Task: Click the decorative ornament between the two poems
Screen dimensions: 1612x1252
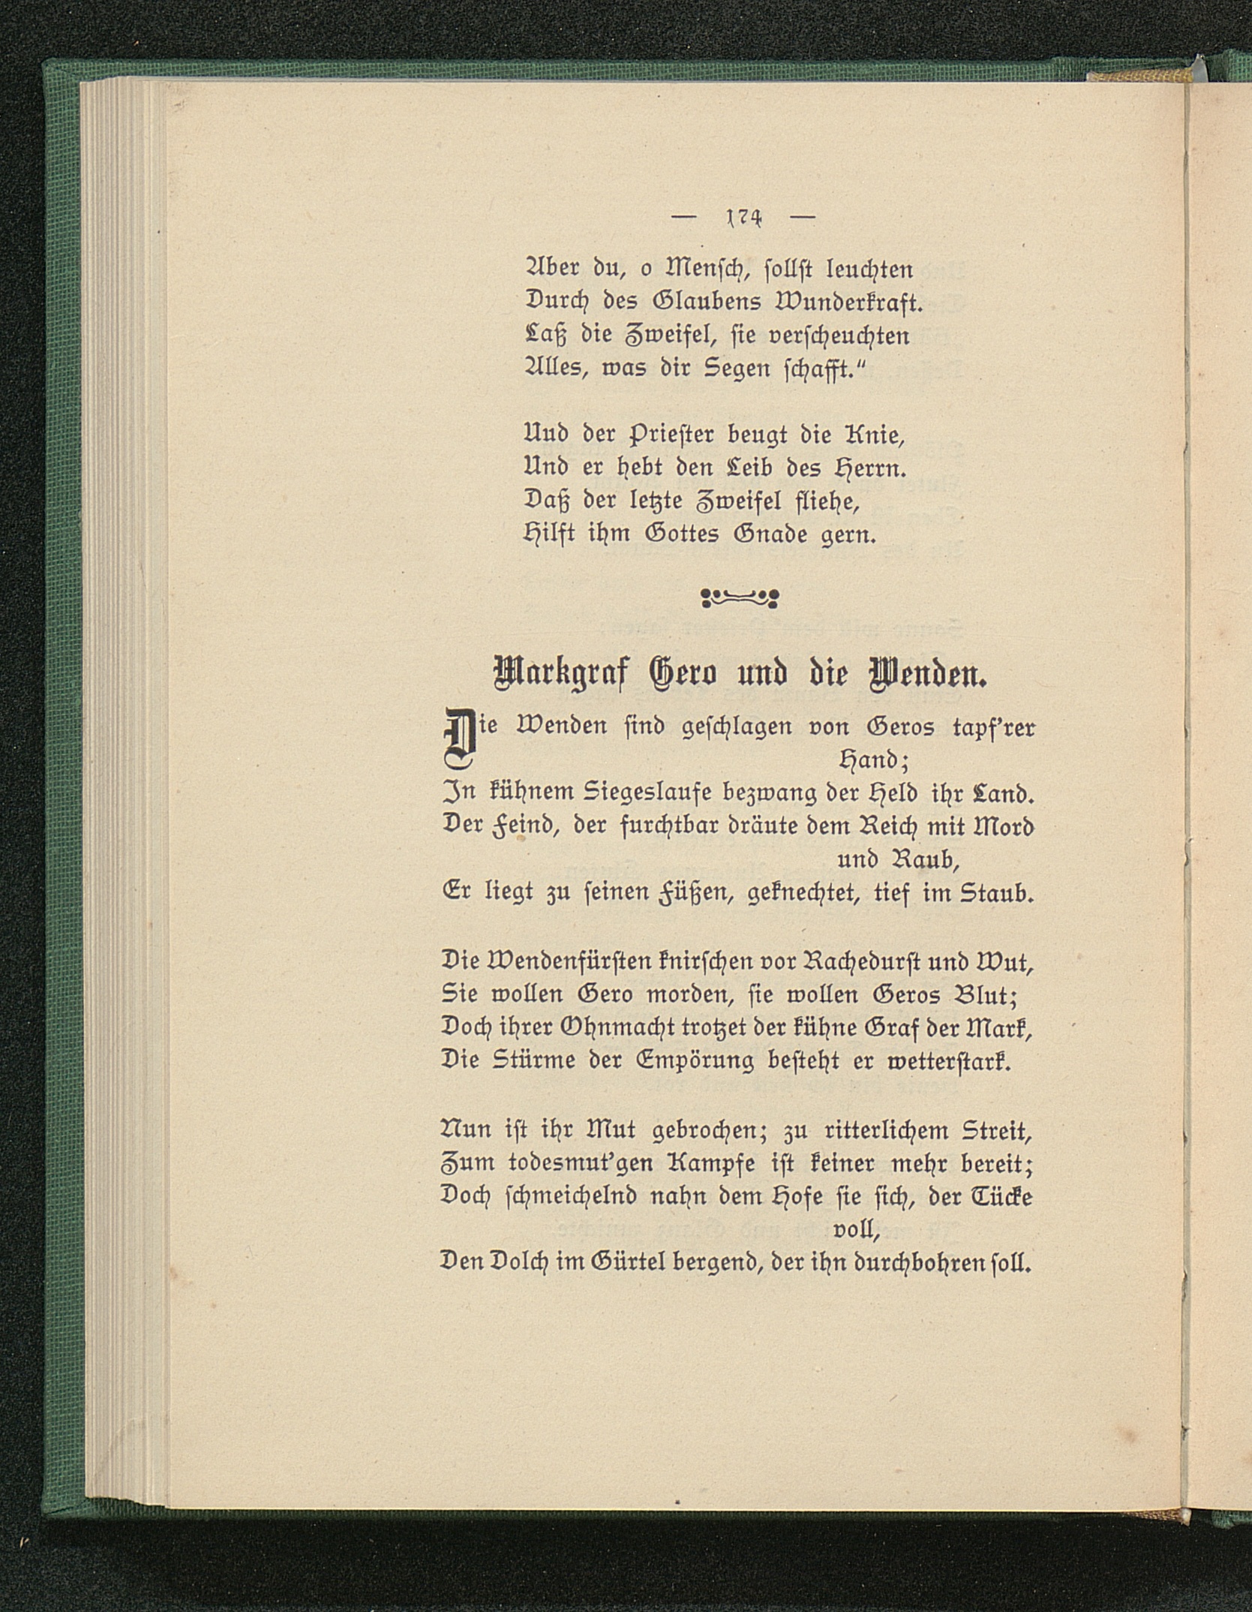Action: pyautogui.click(x=740, y=598)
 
